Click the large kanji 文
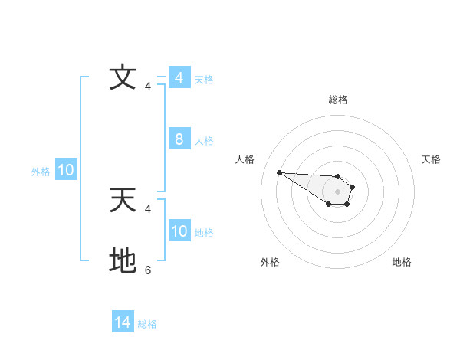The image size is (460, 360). [x=123, y=77]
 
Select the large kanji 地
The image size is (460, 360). [x=123, y=260]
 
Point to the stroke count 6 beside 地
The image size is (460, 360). [x=148, y=270]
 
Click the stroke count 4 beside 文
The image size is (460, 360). [x=148, y=86]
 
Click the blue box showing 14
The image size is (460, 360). [x=123, y=322]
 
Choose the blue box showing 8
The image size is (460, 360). [x=179, y=139]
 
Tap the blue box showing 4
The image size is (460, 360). [x=179, y=78]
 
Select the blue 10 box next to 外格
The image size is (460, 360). [x=65, y=171]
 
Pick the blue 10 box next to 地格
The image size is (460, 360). [x=179, y=231]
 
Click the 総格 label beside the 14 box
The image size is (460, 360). [x=147, y=324]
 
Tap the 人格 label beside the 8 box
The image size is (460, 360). [x=204, y=141]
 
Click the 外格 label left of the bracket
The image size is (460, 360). [x=41, y=172]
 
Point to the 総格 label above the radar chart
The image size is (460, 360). [x=338, y=100]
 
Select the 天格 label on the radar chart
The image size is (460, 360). [x=431, y=159]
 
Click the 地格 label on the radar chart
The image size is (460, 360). [x=402, y=262]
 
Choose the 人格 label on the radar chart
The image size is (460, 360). [x=245, y=159]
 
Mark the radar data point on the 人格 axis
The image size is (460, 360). [x=279, y=172]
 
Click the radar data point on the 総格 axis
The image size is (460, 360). [x=338, y=175]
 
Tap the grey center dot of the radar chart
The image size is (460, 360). [x=338, y=191]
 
